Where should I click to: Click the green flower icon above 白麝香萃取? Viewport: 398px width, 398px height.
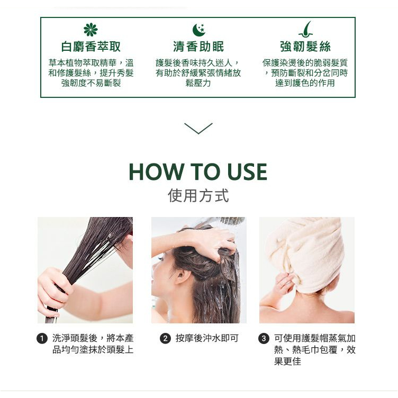point(91,30)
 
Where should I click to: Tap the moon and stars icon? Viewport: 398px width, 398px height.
point(198,30)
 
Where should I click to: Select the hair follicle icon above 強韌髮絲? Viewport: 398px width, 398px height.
point(305,29)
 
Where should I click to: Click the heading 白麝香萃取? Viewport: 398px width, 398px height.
point(91,47)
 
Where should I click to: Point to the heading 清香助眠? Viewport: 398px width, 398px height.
point(198,47)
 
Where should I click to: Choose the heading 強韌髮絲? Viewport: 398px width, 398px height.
point(305,47)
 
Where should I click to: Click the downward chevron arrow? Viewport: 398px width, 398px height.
point(198,128)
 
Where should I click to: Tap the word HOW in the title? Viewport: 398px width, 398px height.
point(156,172)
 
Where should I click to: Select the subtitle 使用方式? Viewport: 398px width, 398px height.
point(198,195)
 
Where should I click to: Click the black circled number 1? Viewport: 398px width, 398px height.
point(42,339)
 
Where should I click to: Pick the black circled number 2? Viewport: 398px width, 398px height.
point(165,339)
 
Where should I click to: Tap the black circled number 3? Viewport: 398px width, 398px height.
point(264,339)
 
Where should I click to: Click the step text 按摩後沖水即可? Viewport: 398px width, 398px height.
point(207,338)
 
